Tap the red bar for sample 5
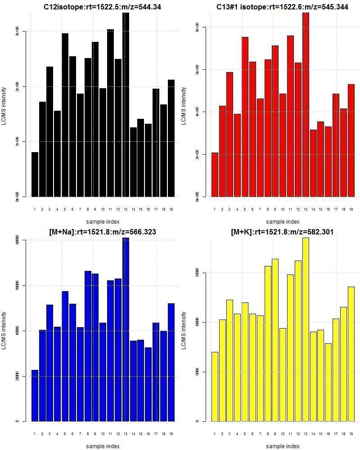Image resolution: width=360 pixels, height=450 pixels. click(245, 117)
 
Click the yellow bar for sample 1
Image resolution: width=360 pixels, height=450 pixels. click(215, 387)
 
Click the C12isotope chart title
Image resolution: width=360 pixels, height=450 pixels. click(103, 7)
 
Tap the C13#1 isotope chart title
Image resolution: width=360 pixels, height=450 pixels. click(282, 7)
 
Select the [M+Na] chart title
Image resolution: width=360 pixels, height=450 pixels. click(103, 232)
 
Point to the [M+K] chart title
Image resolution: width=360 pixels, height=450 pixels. click(282, 232)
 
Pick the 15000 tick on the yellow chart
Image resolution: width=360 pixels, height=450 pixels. click(198, 273)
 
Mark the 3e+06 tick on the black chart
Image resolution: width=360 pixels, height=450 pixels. click(18, 31)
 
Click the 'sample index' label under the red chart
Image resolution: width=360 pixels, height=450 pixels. click(282, 221)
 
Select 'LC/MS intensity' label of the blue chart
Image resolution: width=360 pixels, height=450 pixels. click(4, 331)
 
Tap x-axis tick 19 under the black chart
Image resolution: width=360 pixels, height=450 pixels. click(171, 209)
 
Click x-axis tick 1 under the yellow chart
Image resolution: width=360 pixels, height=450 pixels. click(215, 434)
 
